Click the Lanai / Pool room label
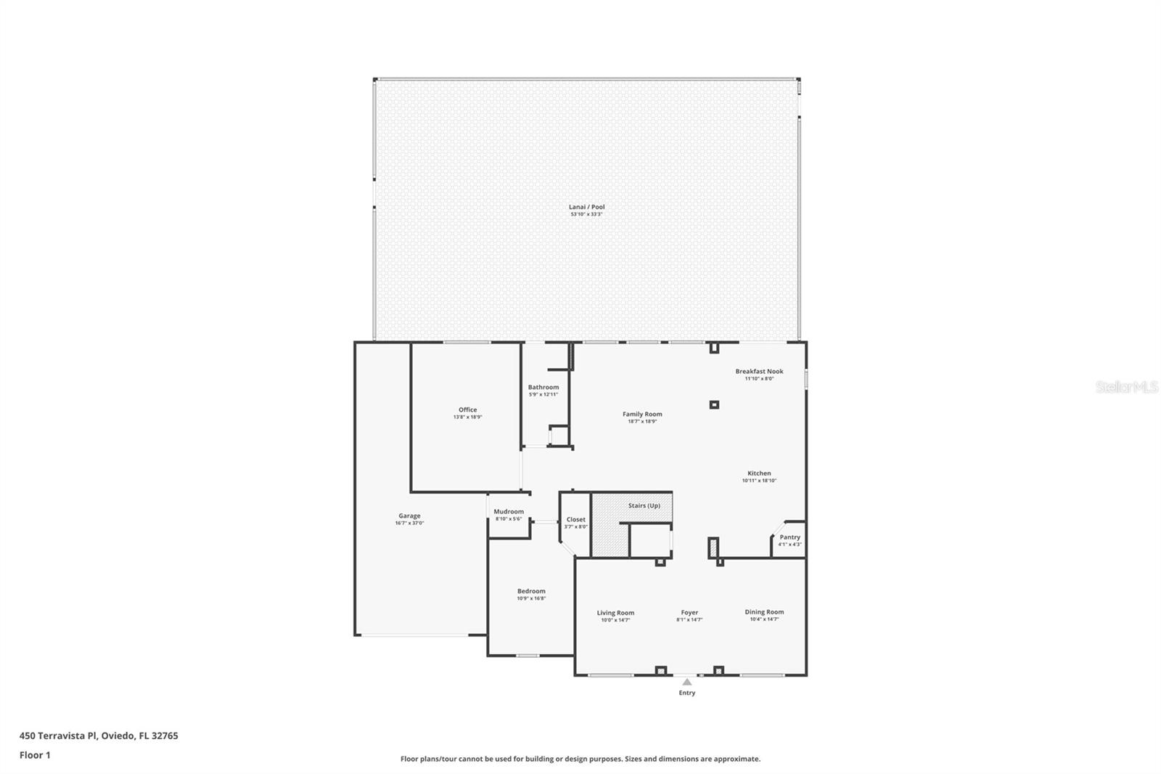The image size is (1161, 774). pos(586,207)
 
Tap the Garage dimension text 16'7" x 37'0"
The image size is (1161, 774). pos(409,523)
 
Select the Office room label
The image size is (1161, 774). pos(467,410)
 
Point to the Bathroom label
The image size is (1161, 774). pos(543,387)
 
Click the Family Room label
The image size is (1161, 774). pos(642,414)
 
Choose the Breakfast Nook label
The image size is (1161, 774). pos(759,371)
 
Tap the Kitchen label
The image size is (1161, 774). pos(759,473)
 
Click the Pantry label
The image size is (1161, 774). pos(789,537)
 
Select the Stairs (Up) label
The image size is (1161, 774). pos(644,505)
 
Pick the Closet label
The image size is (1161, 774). pos(575,519)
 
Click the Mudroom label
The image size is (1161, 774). pos(508,511)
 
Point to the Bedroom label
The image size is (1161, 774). pos(531,591)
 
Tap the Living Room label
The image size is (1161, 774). pos(615,613)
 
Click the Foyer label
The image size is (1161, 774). pos(689,613)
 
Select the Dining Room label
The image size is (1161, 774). pos(764,612)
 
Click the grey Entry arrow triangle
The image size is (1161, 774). pos(686,682)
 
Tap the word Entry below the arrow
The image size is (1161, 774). pos(686,693)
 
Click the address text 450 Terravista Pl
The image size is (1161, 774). pos(58,736)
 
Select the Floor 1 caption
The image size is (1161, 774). pos(35,755)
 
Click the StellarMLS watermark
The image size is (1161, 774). pos(1126,388)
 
